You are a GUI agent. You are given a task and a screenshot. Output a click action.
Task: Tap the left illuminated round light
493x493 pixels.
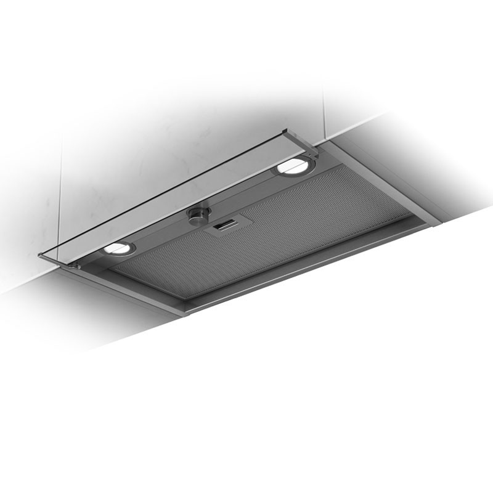tap(118, 248)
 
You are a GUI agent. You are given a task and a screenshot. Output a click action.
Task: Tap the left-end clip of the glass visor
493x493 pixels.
tap(76, 265)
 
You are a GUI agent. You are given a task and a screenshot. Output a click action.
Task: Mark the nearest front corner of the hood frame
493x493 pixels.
tap(185, 311)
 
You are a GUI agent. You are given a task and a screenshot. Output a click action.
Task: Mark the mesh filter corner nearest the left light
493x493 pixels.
tap(114, 270)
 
